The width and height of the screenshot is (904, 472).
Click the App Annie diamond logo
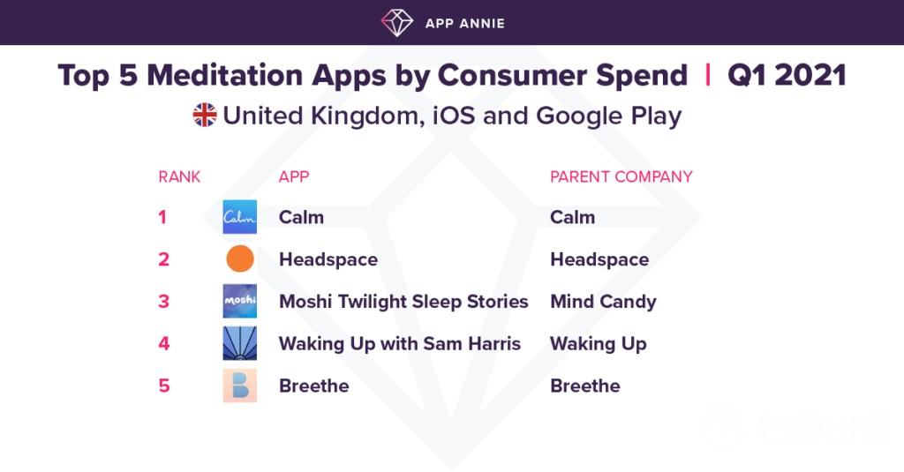(x=396, y=22)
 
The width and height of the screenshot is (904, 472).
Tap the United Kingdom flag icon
(x=205, y=115)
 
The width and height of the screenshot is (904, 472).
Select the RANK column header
(x=179, y=176)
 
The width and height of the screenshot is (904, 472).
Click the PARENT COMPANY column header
(x=621, y=176)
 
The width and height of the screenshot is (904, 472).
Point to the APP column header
(x=294, y=176)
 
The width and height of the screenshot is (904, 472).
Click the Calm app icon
(x=240, y=217)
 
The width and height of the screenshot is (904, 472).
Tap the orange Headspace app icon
(x=240, y=258)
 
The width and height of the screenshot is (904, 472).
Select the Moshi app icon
(x=240, y=301)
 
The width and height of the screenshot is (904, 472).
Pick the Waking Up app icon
(x=240, y=343)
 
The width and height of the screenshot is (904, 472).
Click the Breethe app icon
(x=240, y=385)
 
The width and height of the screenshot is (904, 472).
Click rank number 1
(x=162, y=217)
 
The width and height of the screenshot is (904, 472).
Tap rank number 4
(x=164, y=343)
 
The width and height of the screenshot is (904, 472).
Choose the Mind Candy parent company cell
(x=603, y=302)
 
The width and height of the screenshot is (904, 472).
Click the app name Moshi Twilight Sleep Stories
(x=403, y=302)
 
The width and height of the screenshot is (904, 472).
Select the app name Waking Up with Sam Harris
(x=400, y=343)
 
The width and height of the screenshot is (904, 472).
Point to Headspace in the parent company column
(x=599, y=259)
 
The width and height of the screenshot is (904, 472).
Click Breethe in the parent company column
(x=585, y=386)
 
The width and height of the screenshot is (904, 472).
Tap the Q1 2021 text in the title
(x=787, y=76)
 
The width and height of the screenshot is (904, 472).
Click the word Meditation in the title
(x=225, y=76)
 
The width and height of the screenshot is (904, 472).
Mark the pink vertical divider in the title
(x=707, y=76)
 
